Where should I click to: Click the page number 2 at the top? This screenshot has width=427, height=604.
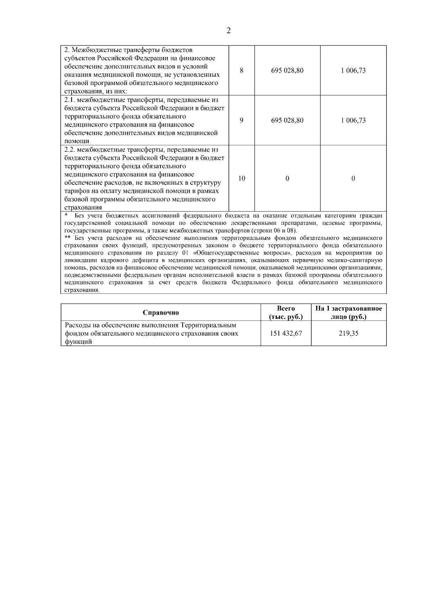(228, 31)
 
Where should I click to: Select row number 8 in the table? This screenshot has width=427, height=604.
(242, 70)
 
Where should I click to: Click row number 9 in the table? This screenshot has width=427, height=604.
(242, 120)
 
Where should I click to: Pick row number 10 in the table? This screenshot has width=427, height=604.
(242, 179)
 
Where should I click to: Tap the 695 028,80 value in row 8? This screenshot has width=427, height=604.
(287, 70)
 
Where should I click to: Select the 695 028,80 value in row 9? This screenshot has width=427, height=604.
(287, 120)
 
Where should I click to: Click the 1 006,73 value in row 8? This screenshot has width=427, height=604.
(353, 70)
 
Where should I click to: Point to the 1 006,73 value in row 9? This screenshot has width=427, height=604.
(353, 120)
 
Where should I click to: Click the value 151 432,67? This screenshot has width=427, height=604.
(286, 333)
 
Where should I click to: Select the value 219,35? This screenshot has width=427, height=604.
(349, 333)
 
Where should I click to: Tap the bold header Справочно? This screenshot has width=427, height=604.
(161, 313)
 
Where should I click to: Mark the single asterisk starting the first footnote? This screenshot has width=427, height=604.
(66, 215)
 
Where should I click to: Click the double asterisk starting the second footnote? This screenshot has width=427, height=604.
(68, 238)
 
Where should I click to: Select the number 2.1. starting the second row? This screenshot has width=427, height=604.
(70, 100)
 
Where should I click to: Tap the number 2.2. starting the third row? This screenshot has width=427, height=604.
(70, 150)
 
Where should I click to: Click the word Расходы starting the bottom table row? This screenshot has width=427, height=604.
(76, 325)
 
